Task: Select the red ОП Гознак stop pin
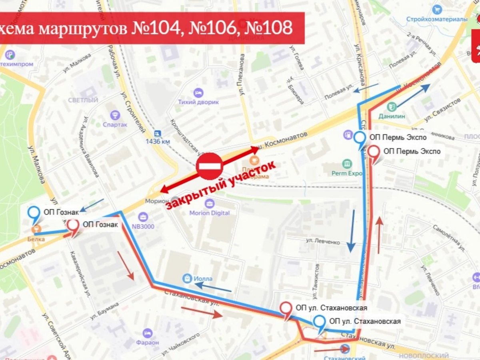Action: (72, 226)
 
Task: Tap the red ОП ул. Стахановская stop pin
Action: (286, 309)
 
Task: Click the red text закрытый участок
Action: (221, 185)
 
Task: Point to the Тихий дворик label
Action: (198, 102)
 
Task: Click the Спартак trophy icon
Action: (116, 115)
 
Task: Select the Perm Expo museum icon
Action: (347, 164)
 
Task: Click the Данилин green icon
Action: (392, 106)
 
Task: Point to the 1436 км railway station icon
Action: (158, 133)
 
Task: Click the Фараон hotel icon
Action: (148, 333)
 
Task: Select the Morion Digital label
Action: (209, 213)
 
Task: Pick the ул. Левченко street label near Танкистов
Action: (323, 242)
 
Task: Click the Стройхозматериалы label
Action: (437, 19)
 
